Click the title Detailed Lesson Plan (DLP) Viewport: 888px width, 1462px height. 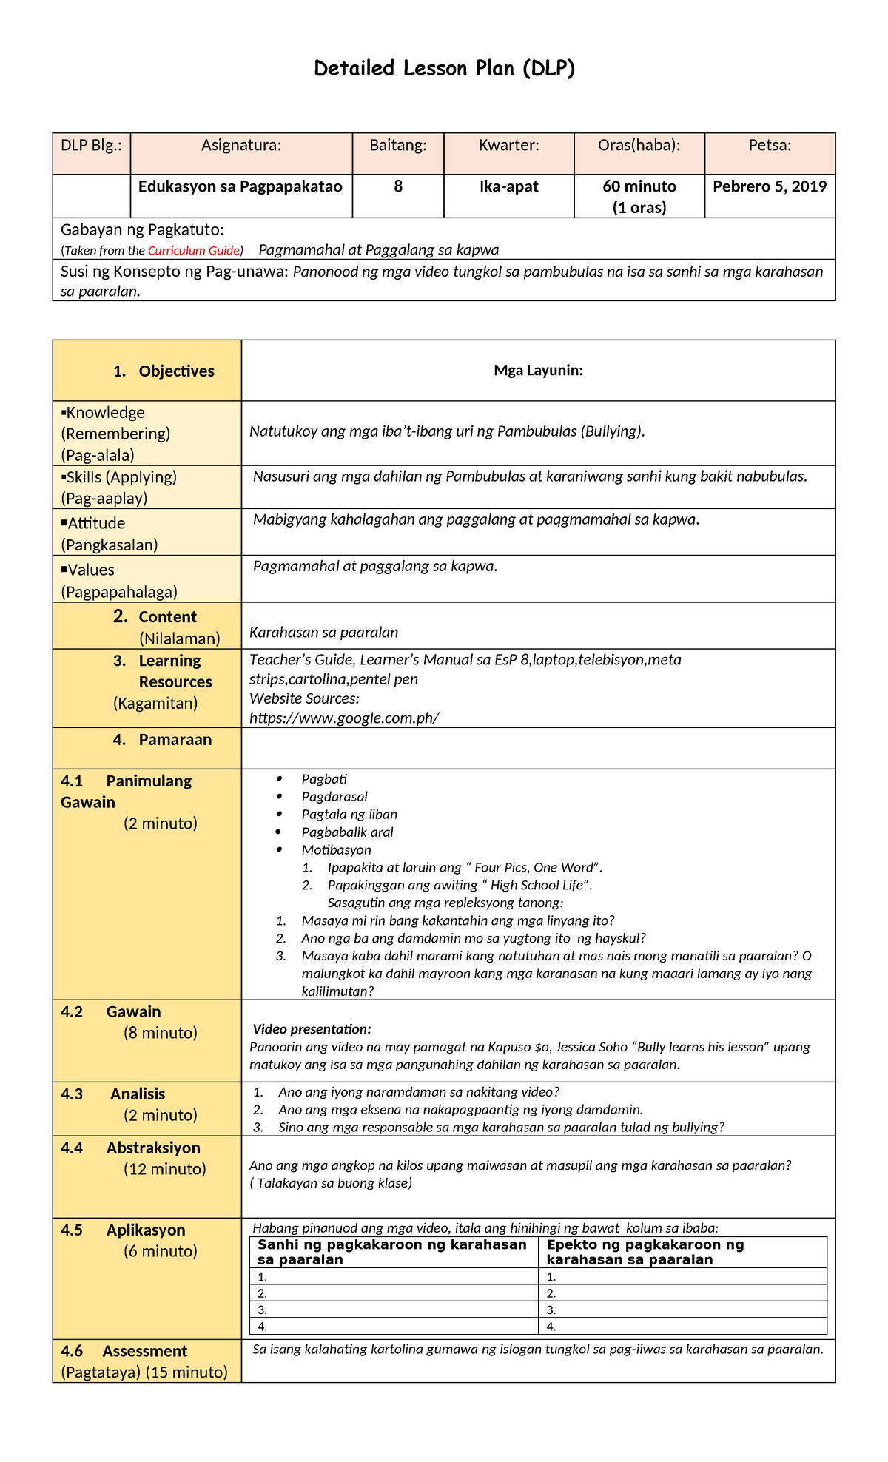444,69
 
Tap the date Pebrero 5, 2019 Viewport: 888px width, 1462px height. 770,186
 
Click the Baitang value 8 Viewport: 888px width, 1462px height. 398,186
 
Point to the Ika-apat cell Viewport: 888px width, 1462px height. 509,186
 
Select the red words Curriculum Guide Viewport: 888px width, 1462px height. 195,251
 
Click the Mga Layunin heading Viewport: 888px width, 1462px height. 538,371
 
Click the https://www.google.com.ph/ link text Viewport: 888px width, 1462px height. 344,718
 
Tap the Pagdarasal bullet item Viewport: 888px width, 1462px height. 334,797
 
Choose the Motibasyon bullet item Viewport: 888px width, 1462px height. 336,850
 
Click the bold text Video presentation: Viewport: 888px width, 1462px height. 312,1029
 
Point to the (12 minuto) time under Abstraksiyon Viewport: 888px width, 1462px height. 164,1169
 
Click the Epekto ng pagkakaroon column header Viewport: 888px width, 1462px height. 645,1252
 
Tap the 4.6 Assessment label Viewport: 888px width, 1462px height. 144,1351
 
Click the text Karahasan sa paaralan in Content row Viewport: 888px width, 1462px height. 323,633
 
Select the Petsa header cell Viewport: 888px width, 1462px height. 770,146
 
